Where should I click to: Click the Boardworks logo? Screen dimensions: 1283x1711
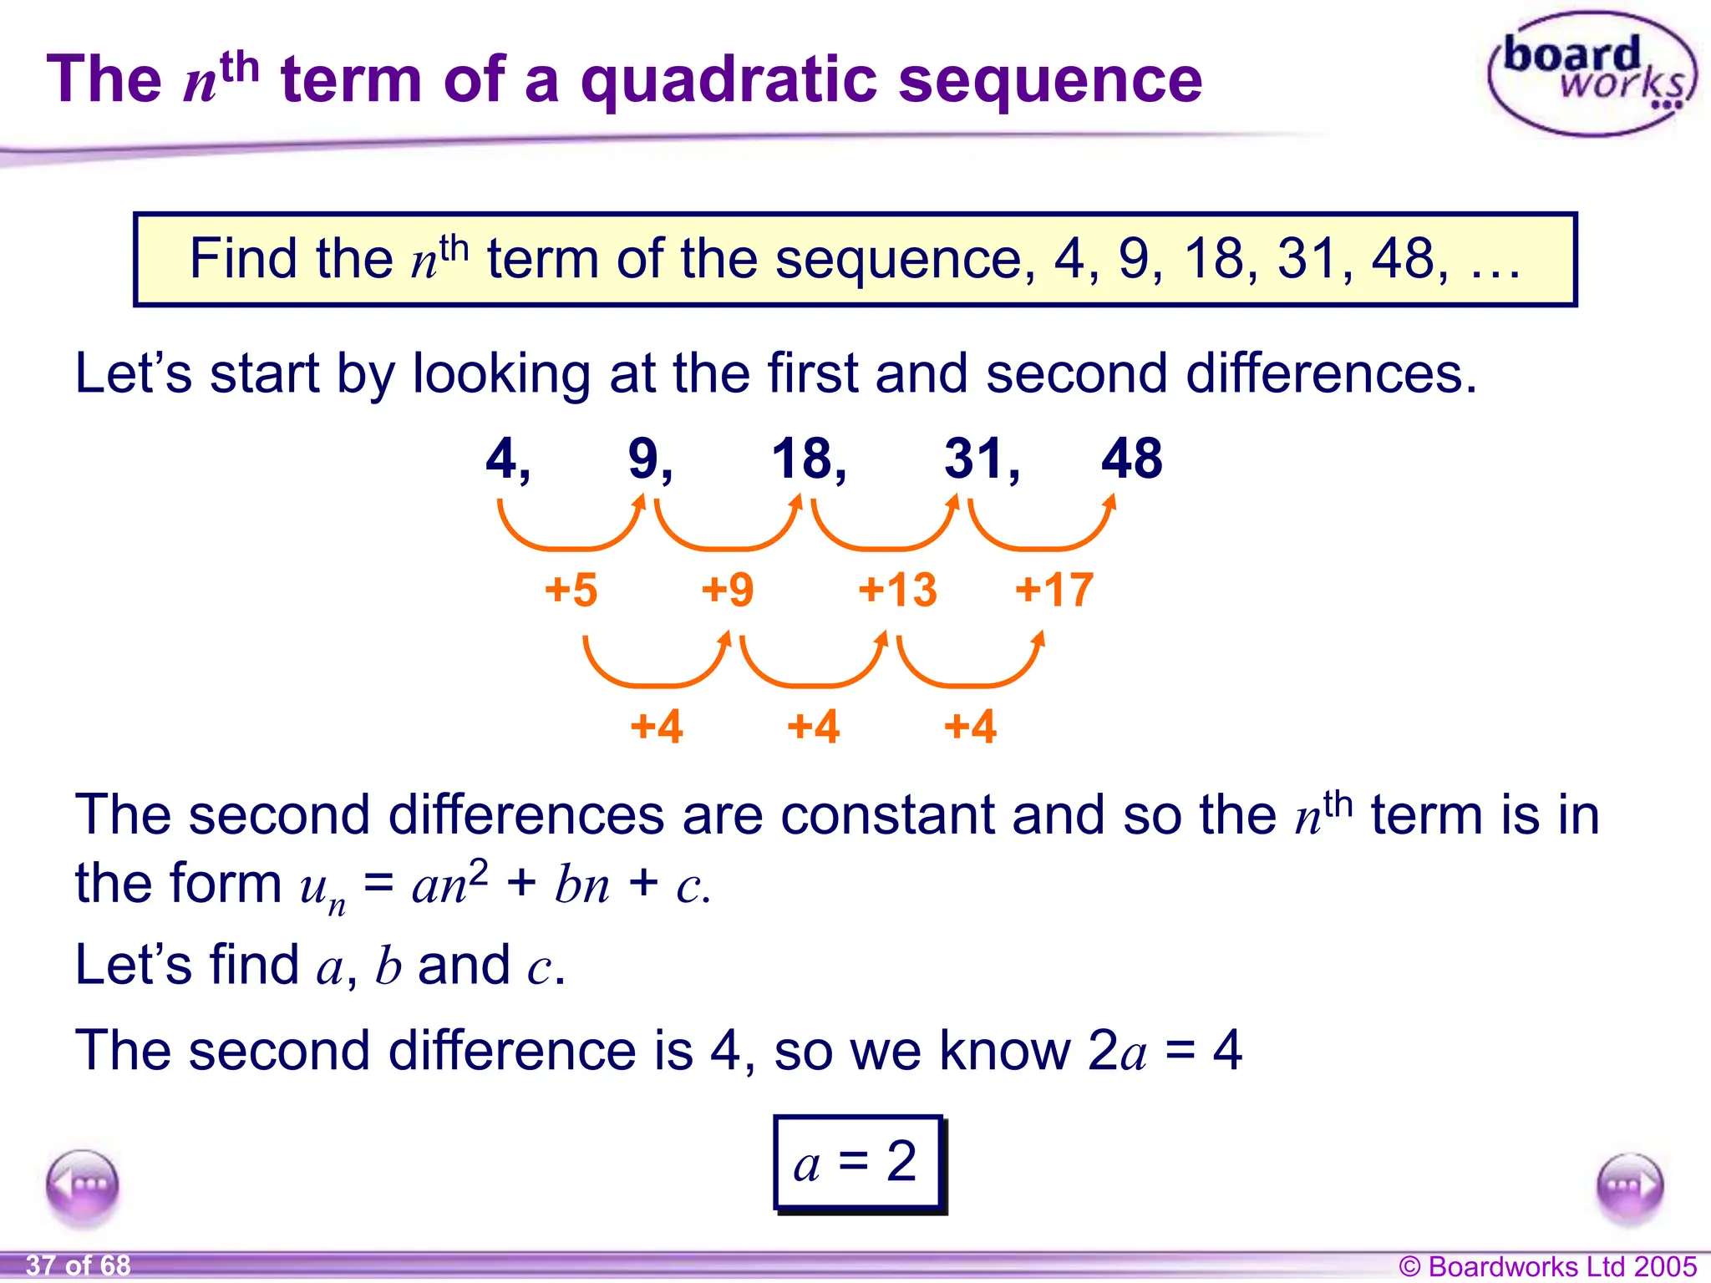point(1591,74)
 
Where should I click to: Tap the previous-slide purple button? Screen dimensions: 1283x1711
point(83,1185)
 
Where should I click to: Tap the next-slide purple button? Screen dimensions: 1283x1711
point(1629,1186)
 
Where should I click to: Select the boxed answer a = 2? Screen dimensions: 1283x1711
point(859,1162)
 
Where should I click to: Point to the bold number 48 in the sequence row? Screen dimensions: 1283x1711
point(1131,459)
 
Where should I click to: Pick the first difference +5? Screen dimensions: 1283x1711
point(571,590)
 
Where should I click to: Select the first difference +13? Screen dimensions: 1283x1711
point(897,590)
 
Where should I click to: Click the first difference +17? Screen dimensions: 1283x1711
point(1054,590)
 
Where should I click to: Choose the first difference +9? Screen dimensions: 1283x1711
point(728,590)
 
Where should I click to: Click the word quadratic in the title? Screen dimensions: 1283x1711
point(729,81)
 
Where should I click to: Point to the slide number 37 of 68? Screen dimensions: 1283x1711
point(79,1265)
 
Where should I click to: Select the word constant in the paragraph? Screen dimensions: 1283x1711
point(887,815)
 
